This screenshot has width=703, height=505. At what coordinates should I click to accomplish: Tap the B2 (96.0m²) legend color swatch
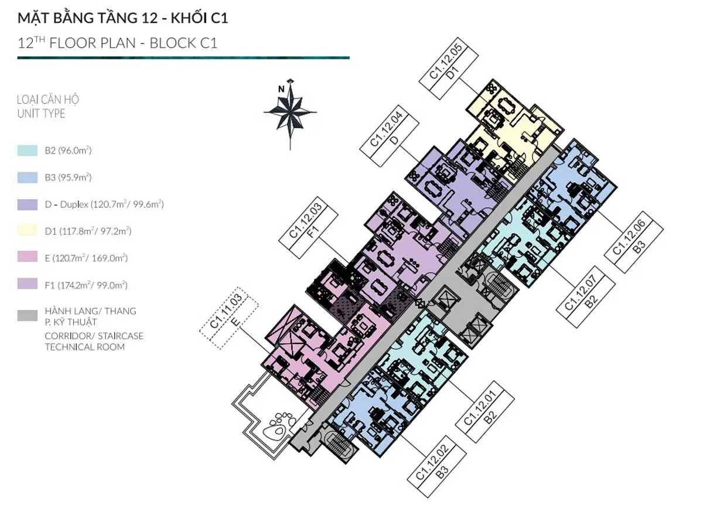(27, 151)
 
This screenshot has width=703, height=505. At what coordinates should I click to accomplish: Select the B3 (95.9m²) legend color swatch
(27, 178)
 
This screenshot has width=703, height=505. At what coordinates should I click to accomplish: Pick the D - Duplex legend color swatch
(27, 204)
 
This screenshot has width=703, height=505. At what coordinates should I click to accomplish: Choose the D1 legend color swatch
(27, 231)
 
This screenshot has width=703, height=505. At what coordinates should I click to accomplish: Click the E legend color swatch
(27, 258)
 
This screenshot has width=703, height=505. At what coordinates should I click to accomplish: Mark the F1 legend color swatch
(27, 285)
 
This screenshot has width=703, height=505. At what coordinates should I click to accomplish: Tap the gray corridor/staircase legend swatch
(27, 316)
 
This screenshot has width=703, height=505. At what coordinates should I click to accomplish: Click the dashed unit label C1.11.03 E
(229, 322)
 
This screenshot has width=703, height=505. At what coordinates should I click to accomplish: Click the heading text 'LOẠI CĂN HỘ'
(48, 99)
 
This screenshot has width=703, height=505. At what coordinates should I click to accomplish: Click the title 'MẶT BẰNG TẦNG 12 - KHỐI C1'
(122, 18)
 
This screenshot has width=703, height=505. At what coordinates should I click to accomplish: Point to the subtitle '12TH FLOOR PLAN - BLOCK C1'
(117, 43)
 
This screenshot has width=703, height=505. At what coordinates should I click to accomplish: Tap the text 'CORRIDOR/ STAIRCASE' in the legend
(94, 336)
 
